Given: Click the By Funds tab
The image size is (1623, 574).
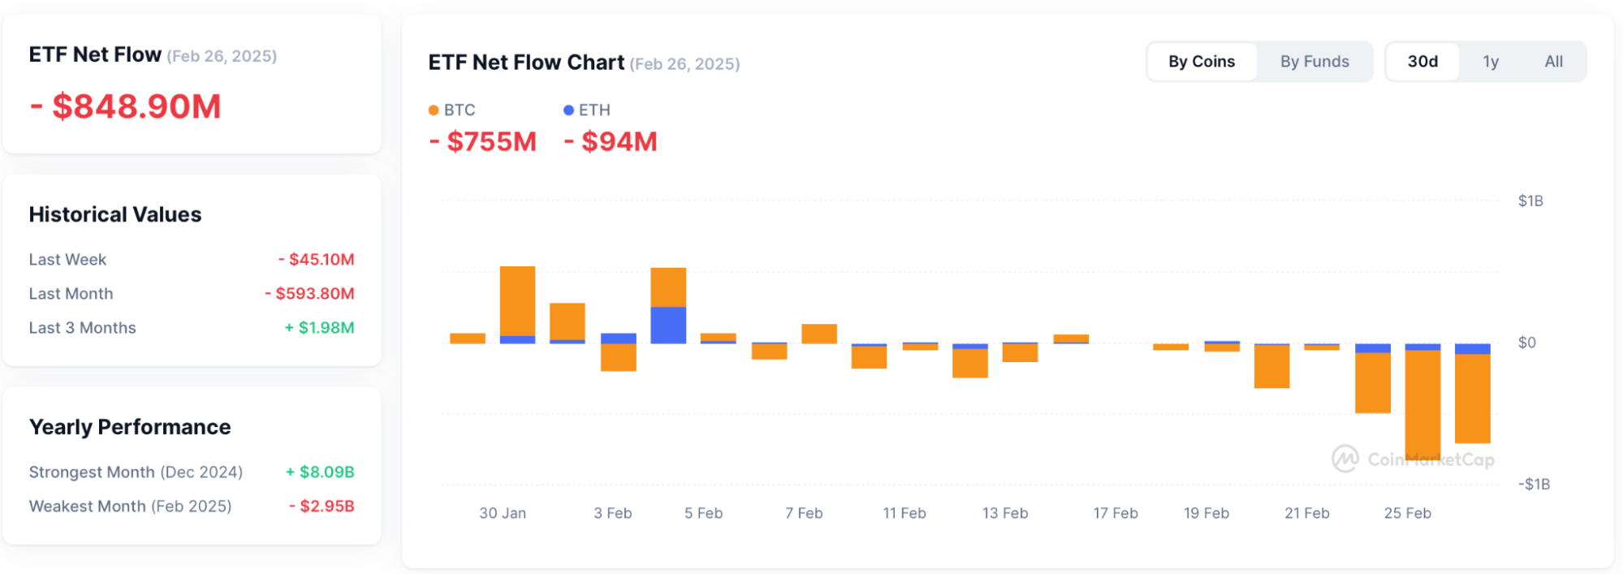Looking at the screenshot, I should [1314, 62].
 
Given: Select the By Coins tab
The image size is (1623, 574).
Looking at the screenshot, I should [1201, 62].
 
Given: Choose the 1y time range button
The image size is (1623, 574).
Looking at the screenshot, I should [1490, 62].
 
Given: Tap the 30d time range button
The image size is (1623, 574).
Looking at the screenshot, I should [1422, 62].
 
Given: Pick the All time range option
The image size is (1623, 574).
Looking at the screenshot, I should [1552, 62].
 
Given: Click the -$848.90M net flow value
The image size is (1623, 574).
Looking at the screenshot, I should [126, 106].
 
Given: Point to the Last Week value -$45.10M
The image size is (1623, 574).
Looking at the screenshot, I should [316, 260].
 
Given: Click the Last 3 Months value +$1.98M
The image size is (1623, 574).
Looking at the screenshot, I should [319, 328].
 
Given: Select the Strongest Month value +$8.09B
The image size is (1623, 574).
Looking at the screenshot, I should [319, 473].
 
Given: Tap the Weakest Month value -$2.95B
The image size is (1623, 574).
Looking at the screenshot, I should [322, 507].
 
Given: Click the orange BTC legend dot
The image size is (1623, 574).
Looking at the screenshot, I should [434, 110].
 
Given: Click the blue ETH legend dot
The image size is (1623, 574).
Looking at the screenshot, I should [568, 110].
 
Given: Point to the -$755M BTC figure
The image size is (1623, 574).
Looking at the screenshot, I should [482, 142].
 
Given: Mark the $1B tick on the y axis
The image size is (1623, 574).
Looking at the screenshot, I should [1530, 201].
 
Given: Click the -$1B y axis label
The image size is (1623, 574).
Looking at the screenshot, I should [1533, 485].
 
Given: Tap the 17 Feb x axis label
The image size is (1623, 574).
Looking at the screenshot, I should [1115, 513].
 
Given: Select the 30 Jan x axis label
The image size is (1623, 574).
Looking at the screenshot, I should [502, 513].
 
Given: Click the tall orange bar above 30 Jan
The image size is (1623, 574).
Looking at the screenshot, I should [517, 300].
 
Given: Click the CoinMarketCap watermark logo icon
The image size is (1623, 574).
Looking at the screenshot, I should [1345, 459].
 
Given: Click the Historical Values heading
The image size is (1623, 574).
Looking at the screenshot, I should [115, 214].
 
